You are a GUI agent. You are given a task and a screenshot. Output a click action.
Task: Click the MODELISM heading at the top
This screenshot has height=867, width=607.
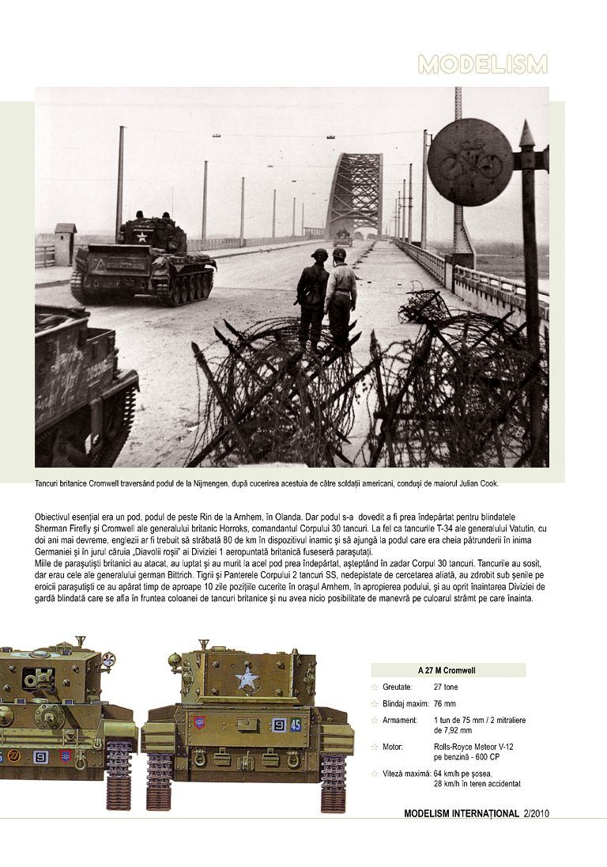pos(482,65)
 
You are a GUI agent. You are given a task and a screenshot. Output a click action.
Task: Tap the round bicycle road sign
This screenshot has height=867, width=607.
pos(470,162)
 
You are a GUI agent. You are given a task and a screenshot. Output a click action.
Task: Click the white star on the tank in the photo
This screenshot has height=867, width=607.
pos(141,236)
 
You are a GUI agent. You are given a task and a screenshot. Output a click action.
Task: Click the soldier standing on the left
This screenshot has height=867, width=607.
pos(314,297)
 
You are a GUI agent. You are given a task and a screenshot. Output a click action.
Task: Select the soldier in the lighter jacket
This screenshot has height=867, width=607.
pos(341,297)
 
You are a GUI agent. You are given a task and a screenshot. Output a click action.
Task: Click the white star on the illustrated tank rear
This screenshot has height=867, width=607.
pos(248,679)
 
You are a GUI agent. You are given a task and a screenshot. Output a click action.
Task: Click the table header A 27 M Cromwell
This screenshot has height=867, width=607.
pos(447,670)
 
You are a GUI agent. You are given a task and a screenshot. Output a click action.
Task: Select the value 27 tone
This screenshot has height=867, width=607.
pos(447,687)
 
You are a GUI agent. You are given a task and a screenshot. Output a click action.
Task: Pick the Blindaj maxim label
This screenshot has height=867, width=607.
pos(402,703)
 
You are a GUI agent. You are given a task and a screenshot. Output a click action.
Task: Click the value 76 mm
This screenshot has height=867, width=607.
pos(445,703)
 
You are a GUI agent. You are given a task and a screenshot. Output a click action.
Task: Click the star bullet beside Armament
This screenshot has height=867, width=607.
pos(375,721)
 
